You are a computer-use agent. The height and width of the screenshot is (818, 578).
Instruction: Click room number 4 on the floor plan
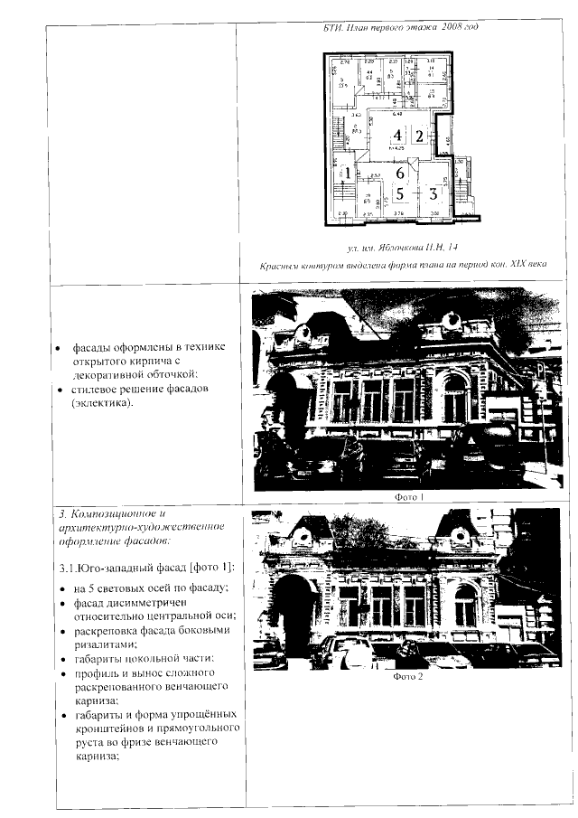(397, 137)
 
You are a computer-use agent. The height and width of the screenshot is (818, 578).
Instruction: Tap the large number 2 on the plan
(419, 137)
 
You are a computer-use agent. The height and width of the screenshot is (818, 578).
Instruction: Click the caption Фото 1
(410, 496)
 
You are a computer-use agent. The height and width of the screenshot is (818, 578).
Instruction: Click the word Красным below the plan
(280, 264)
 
